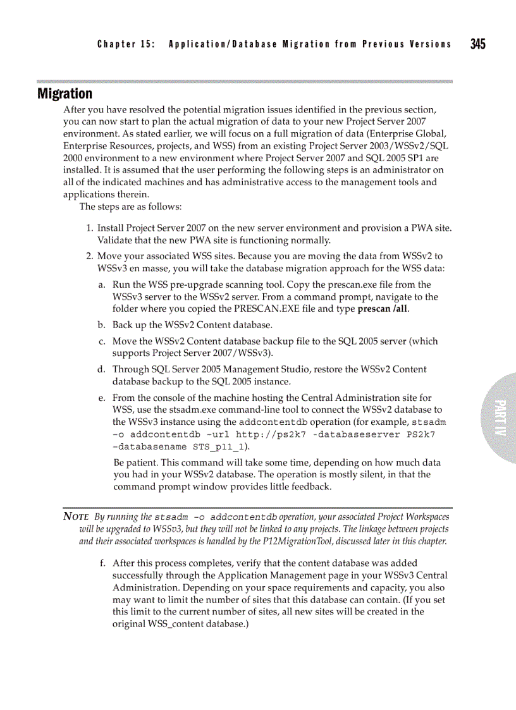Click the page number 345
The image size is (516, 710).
coord(477,44)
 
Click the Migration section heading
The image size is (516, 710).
coord(64,94)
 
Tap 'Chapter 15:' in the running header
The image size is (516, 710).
coord(126,44)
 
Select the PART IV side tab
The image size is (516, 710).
coord(499,418)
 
